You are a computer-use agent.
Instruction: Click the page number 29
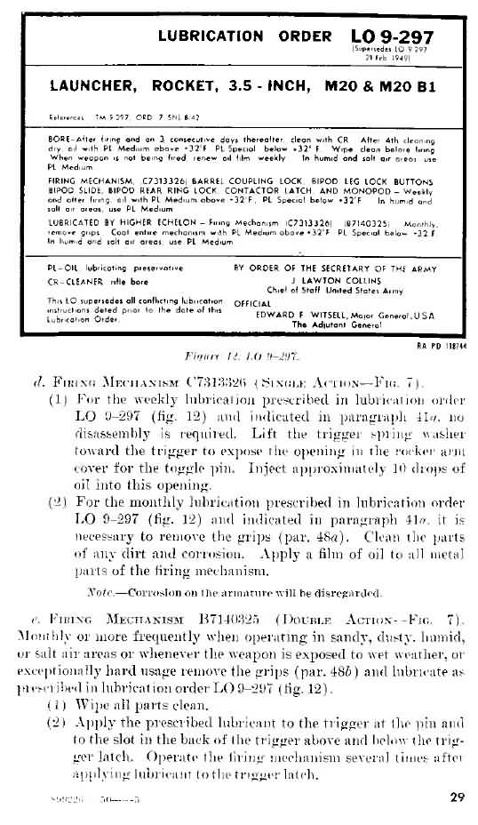click(457, 797)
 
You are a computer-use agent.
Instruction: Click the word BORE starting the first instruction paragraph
click(59, 140)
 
